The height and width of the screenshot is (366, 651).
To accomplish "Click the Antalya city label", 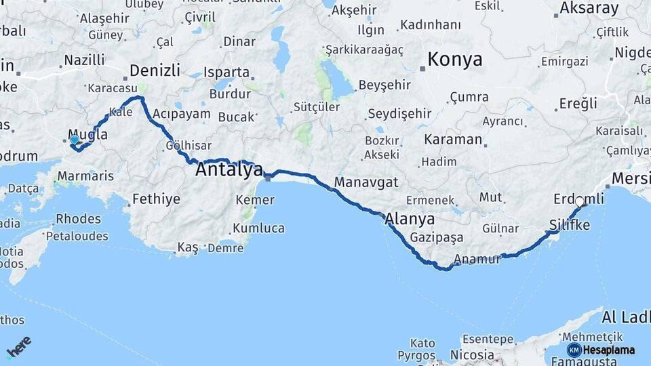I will (x=229, y=169).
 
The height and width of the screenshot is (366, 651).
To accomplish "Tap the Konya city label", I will (x=454, y=60).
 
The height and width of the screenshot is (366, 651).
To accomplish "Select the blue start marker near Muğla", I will (x=74, y=140).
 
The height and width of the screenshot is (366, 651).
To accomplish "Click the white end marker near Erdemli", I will (x=579, y=201).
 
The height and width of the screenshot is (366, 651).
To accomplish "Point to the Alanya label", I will (x=410, y=219).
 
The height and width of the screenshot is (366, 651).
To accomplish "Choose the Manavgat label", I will (x=366, y=182).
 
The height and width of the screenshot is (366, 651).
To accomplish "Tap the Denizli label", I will (x=155, y=70).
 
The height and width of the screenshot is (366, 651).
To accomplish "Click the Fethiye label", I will (x=157, y=199).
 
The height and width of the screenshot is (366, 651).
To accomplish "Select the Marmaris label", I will (x=85, y=176).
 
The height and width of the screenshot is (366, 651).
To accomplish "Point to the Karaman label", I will (x=453, y=140).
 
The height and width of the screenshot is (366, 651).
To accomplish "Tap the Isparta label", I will (x=226, y=72).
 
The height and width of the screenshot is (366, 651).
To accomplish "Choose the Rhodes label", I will (x=78, y=219).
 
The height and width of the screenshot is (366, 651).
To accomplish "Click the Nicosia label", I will (x=472, y=354).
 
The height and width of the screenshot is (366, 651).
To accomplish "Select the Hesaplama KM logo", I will (x=601, y=350).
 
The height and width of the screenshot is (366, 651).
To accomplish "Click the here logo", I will (x=18, y=346).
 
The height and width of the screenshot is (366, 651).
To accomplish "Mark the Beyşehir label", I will (x=384, y=85).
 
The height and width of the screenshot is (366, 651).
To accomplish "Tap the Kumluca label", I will (x=260, y=228).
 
